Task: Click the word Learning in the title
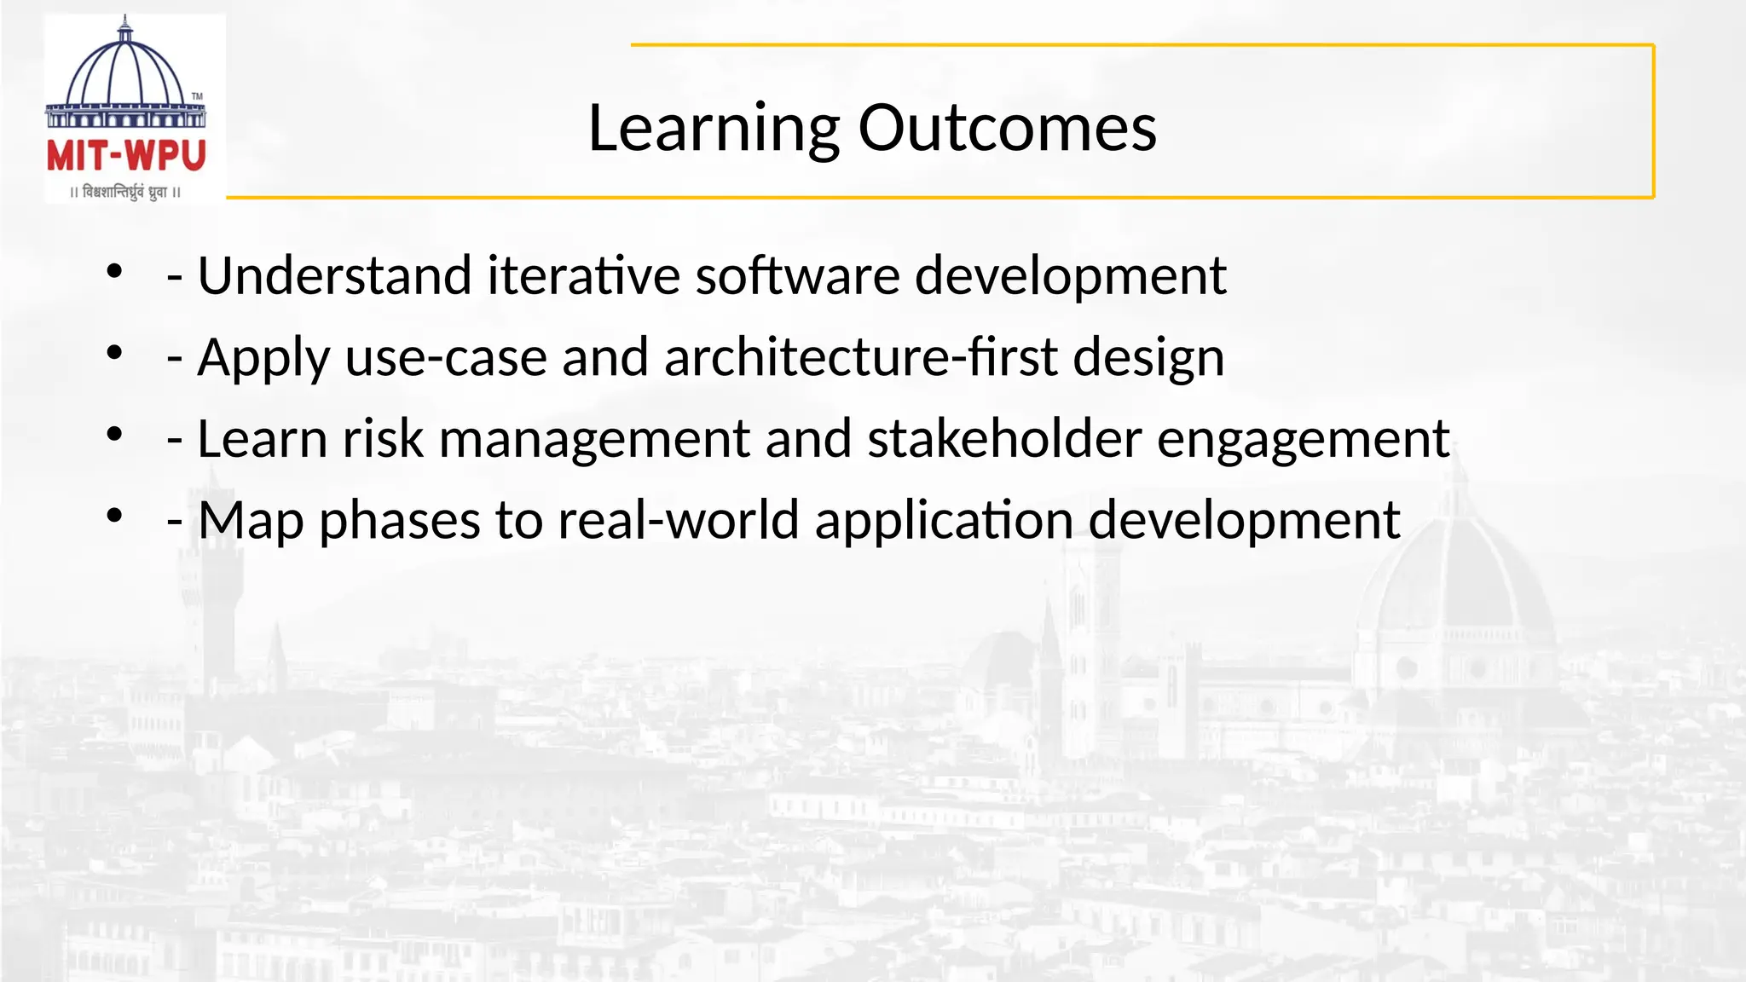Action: click(714, 128)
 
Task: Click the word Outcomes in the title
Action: click(1007, 128)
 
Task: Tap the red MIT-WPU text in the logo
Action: click(126, 156)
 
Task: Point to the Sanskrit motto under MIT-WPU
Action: click(125, 193)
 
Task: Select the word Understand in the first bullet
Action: click(334, 275)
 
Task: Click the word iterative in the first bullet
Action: click(583, 275)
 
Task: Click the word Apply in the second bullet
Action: click(263, 357)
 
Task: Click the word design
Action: click(1148, 357)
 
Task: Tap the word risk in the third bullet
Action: click(383, 439)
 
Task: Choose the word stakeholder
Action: click(1004, 439)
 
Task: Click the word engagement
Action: click(1303, 439)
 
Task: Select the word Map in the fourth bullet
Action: click(251, 520)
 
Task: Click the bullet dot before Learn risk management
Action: click(115, 435)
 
